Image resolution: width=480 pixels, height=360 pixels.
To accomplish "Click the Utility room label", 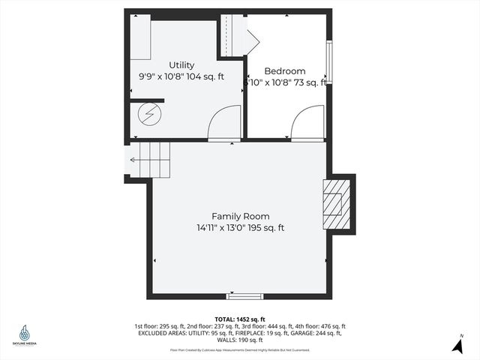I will click(181, 65).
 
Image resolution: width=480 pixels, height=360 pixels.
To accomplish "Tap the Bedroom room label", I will click(284, 71).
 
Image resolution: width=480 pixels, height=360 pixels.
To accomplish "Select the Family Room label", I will click(240, 216).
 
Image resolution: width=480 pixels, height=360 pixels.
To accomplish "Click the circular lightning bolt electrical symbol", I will click(148, 115).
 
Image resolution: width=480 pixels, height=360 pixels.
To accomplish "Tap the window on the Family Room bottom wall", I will click(240, 297).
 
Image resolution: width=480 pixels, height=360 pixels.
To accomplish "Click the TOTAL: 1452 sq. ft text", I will click(240, 319).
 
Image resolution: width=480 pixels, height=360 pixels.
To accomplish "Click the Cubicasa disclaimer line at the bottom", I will click(240, 349).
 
